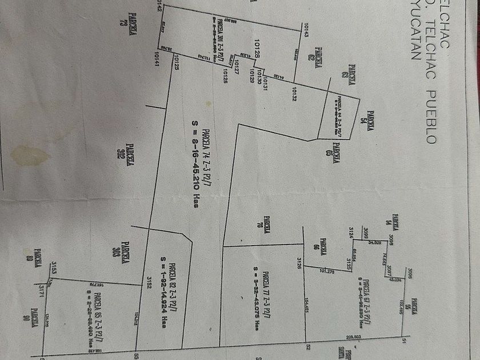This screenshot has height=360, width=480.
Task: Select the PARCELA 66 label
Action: point(324,246)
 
